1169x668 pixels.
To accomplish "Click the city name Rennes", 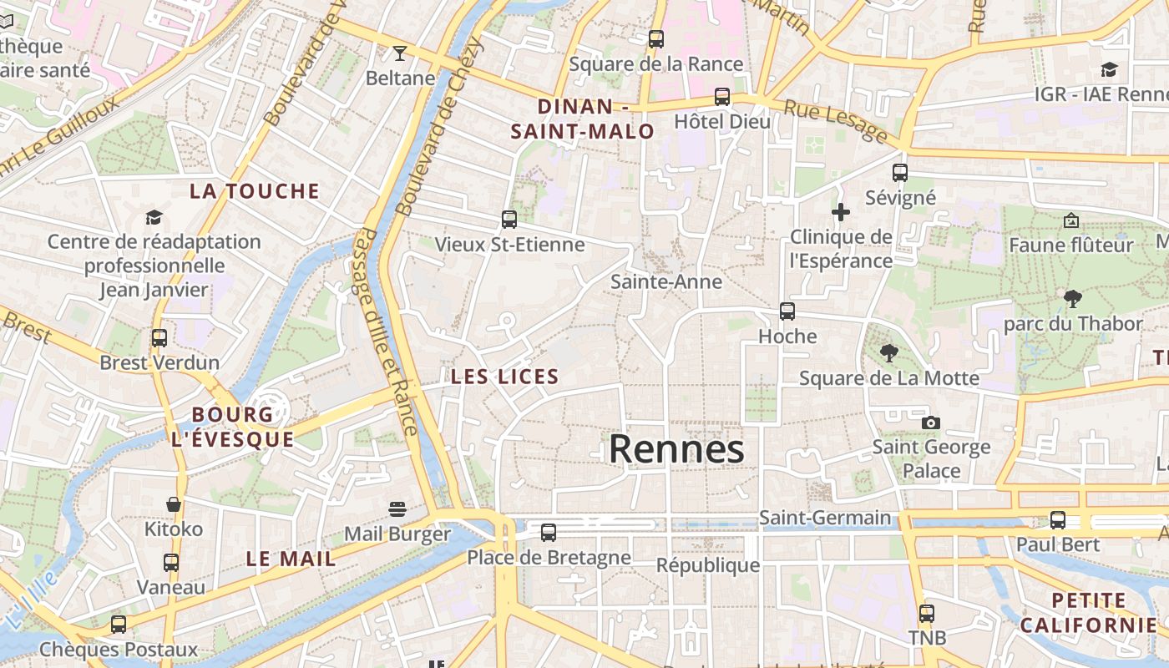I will [x=676, y=449].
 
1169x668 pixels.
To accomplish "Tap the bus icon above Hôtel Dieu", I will [x=722, y=97].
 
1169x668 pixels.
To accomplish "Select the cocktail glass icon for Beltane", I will [x=400, y=53].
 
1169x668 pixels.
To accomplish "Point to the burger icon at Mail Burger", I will [x=397, y=509].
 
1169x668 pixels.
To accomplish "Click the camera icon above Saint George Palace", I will [x=931, y=423].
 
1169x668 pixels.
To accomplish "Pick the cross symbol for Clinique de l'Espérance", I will [x=841, y=212].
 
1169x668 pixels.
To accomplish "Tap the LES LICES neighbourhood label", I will [x=504, y=377].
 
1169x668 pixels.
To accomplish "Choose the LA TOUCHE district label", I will [x=255, y=191].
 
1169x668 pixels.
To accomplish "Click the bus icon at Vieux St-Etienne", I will [x=509, y=220].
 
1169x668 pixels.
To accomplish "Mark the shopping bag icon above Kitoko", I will [x=174, y=504].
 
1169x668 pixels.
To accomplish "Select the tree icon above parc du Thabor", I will [x=1073, y=298].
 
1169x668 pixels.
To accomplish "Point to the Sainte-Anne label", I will [x=666, y=281].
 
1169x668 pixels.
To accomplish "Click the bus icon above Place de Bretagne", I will [x=549, y=532].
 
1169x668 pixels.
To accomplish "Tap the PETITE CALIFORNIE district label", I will [x=1089, y=612].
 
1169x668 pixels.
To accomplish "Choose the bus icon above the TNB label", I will [x=927, y=614].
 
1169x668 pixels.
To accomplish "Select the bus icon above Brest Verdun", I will [x=159, y=338].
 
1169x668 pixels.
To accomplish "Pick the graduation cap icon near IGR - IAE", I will [x=1109, y=69].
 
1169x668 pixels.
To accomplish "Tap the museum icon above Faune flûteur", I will [x=1071, y=220].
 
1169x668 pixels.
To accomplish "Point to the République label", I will [x=708, y=565].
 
